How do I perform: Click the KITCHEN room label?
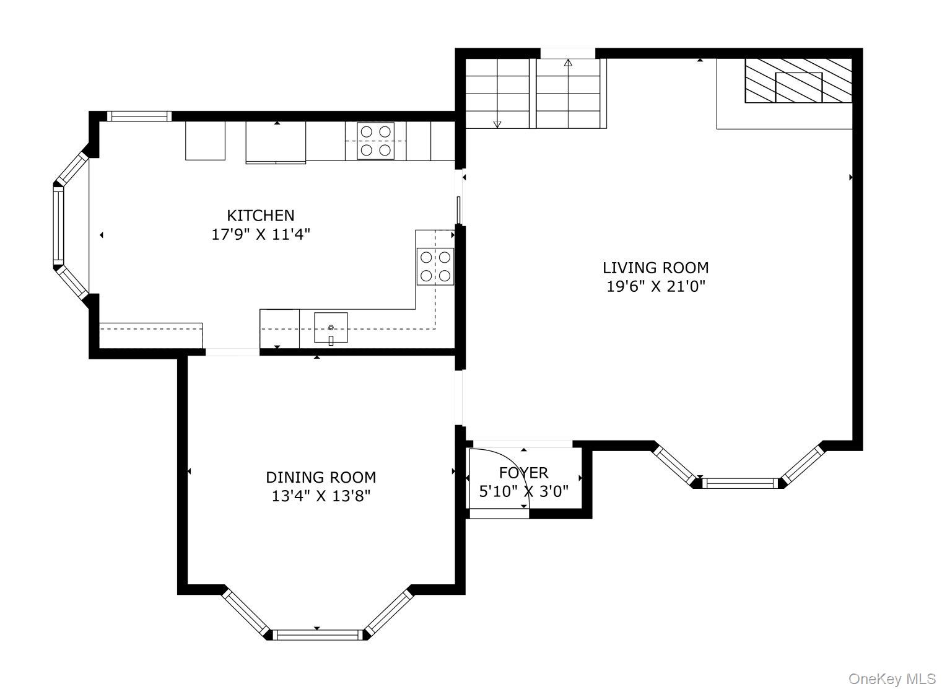(x=260, y=216)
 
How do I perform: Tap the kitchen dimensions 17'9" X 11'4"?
(x=260, y=235)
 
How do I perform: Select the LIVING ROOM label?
(x=655, y=268)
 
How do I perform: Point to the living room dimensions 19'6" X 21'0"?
(x=655, y=287)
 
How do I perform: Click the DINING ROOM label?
(x=321, y=477)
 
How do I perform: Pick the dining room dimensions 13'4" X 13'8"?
(x=321, y=496)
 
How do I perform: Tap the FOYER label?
(x=523, y=473)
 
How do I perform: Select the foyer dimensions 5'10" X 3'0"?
(x=523, y=491)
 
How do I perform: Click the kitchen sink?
(x=331, y=328)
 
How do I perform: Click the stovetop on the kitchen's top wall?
(x=375, y=140)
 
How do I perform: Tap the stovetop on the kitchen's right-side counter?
(x=435, y=266)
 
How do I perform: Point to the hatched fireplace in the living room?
(x=798, y=81)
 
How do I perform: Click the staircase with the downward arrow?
(x=497, y=93)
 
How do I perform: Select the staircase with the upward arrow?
(x=569, y=93)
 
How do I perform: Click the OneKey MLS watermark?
(x=892, y=678)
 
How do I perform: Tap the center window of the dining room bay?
(x=317, y=634)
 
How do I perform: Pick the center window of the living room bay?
(x=741, y=483)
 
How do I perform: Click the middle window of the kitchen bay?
(x=58, y=225)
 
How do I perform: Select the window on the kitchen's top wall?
(x=139, y=116)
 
